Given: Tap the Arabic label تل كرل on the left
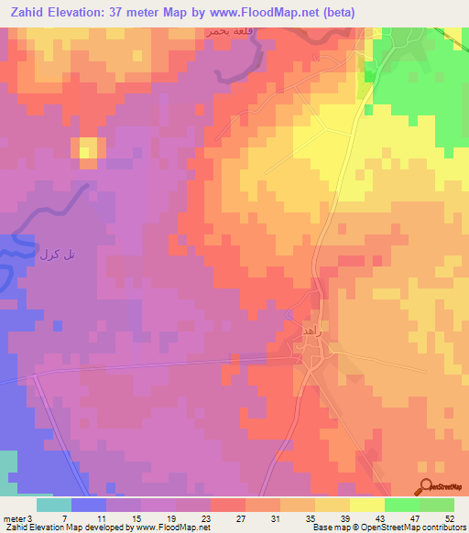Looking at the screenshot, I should [56, 253].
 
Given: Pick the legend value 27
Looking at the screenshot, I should [241, 518].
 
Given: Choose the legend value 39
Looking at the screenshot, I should [344, 518].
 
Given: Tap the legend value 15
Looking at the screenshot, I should [136, 518].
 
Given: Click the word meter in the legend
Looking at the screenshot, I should [14, 518].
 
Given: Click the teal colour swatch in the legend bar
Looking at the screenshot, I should [54, 505].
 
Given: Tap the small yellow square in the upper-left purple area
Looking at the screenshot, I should [88, 151].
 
